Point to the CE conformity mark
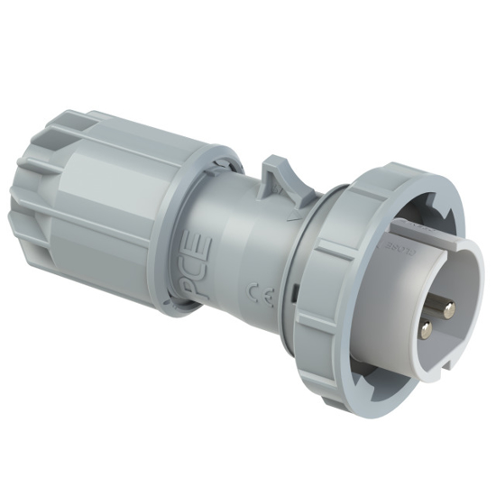pyautogui.click(x=256, y=289)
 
